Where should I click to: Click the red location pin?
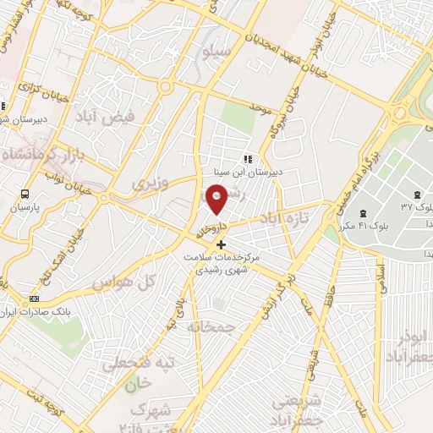point(217,200)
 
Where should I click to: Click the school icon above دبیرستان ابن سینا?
point(248,158)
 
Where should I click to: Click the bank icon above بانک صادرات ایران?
point(34,299)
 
